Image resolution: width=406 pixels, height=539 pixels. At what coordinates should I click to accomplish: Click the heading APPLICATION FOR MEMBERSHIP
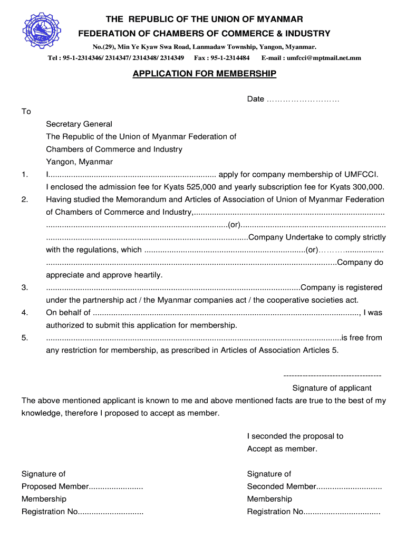pos(204,74)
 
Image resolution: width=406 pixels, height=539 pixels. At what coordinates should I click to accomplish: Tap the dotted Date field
pos(303,99)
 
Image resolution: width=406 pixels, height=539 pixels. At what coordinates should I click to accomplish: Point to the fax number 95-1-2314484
pos(230,58)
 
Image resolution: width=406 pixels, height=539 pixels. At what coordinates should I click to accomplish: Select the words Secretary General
pos(79,124)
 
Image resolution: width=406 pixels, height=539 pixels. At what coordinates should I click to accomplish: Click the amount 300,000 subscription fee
pos(365,187)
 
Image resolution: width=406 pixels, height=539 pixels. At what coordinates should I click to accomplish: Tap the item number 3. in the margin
pos(25,287)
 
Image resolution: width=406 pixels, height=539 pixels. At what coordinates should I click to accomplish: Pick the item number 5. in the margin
pos(25,338)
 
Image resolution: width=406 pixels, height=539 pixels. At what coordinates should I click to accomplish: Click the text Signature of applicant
pos(332,388)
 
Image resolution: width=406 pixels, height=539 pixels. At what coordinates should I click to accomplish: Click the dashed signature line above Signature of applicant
pos(332,376)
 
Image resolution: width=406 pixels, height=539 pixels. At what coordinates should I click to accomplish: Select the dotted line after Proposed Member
pos(116,487)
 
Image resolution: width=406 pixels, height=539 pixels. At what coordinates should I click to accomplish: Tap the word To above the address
pos(26,112)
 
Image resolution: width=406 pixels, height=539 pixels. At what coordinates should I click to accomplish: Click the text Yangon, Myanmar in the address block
pos(79,162)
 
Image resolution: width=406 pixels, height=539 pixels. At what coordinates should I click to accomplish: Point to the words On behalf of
pos(69,313)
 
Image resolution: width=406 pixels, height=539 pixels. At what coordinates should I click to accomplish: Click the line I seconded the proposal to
pos(295,436)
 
